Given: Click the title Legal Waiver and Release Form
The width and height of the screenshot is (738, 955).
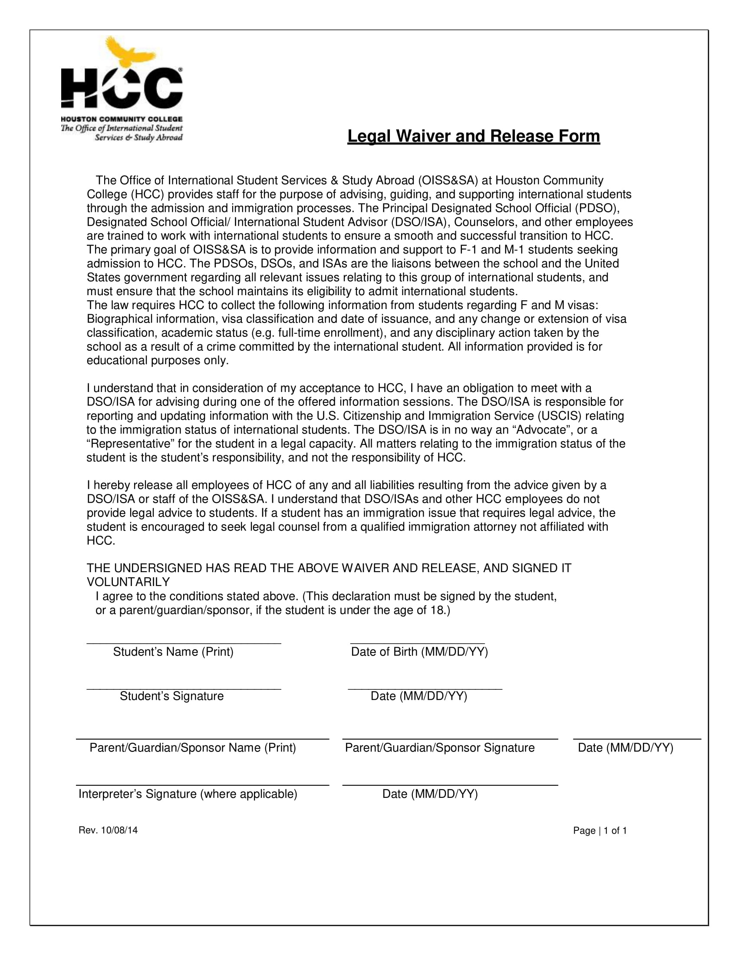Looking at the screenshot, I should click(474, 136).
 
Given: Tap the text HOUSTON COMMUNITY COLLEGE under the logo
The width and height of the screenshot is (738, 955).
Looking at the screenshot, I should click(122, 119).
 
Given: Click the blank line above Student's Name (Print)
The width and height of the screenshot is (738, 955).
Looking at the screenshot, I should click(184, 643).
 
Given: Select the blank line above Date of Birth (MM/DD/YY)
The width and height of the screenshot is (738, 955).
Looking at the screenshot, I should click(418, 643).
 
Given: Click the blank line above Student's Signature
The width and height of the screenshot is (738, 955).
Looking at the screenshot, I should click(184, 689).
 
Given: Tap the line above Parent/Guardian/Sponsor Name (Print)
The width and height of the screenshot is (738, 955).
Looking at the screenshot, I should click(202, 738).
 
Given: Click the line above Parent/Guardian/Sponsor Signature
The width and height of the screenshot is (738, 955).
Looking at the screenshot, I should click(450, 738).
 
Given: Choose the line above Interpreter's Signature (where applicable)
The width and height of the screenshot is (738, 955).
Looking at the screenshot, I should click(202, 785).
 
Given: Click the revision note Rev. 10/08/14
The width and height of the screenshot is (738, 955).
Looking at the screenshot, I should click(108, 830).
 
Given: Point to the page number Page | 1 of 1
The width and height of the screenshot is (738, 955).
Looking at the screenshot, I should click(600, 831).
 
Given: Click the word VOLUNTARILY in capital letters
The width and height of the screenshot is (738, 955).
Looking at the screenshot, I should click(128, 582).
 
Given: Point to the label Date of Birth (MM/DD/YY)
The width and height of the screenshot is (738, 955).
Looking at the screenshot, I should click(419, 652).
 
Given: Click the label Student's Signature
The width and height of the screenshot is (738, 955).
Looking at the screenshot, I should click(171, 696).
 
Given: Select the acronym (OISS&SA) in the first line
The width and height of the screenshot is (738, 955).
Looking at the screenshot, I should click(448, 180).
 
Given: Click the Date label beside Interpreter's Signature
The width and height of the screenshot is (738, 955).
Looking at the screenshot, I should click(430, 794).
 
